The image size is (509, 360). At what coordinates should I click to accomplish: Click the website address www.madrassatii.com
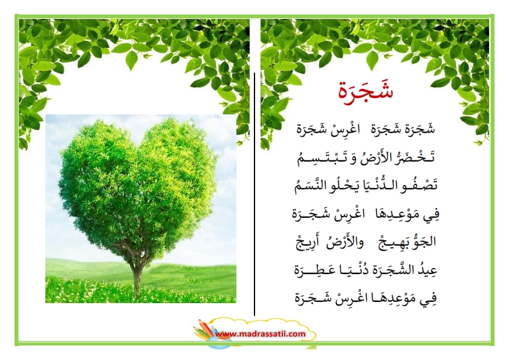click(261, 334)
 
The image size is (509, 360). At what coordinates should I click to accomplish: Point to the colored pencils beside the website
click(204, 330)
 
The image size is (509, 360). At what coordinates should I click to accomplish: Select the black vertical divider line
click(254, 194)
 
